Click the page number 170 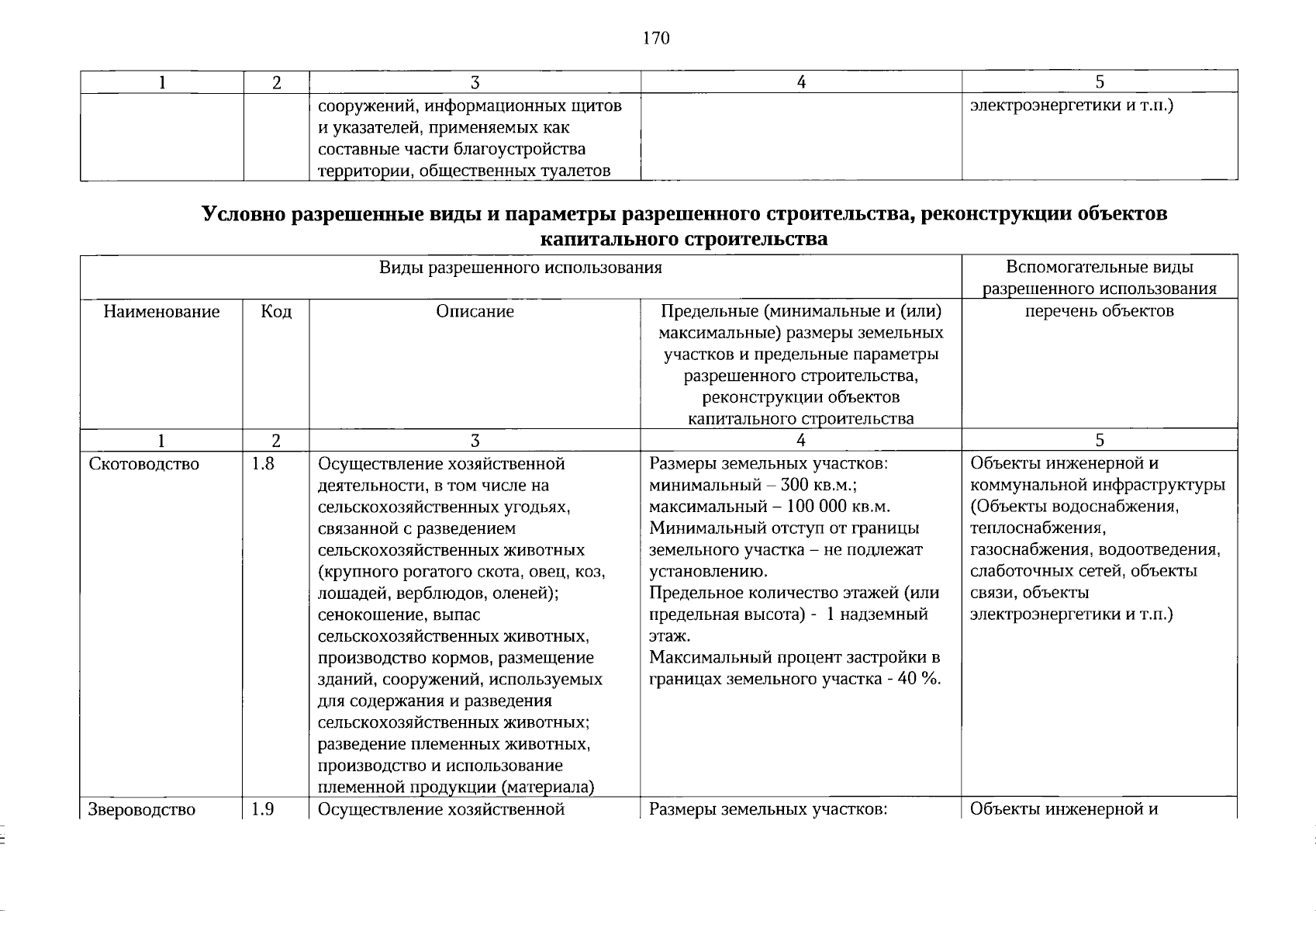pos(655,39)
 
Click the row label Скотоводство pos(144,464)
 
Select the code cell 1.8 pos(263,464)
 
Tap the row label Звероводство pos(142,810)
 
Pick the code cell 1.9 pos(263,810)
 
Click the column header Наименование pos(161,312)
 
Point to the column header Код pos(276,312)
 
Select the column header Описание pos(475,312)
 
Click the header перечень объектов pos(1099,312)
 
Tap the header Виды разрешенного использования pos(520,268)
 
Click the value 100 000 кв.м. pos(838,507)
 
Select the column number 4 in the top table pos(800,82)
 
